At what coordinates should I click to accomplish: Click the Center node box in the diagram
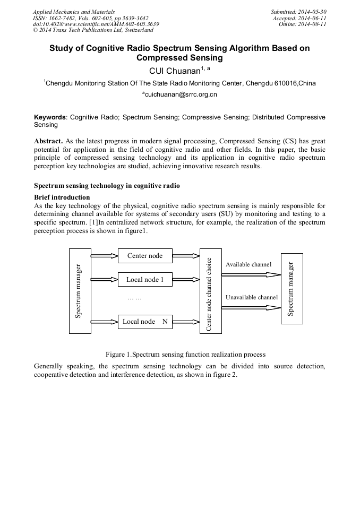(x=145, y=256)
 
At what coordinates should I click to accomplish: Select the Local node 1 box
(x=145, y=279)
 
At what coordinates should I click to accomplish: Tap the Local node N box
(x=145, y=322)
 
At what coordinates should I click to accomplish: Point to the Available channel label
(x=248, y=264)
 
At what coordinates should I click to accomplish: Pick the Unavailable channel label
(x=251, y=297)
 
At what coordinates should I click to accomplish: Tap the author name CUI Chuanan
(x=176, y=71)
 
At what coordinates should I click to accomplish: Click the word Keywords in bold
(x=50, y=117)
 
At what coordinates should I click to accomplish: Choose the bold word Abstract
(x=49, y=142)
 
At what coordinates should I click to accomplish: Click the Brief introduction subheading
(x=62, y=197)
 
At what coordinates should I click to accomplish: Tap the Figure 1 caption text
(x=185, y=354)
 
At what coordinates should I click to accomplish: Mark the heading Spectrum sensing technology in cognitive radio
(x=107, y=186)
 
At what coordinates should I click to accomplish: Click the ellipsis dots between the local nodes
(x=135, y=298)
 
